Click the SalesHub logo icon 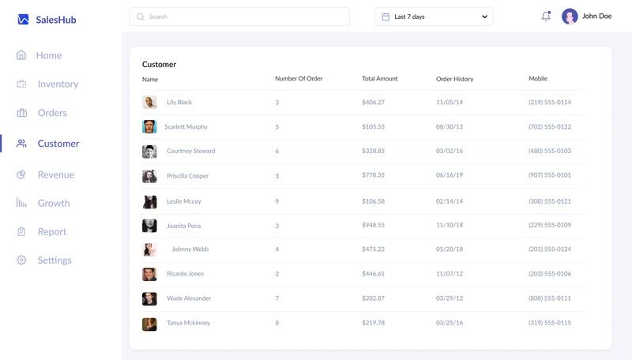[x=23, y=19]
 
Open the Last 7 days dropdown [x=434, y=17]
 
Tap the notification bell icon [x=546, y=16]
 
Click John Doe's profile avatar [x=570, y=16]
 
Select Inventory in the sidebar [x=57, y=84]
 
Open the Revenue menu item [x=55, y=174]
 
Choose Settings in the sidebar [x=54, y=260]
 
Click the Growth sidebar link [x=53, y=203]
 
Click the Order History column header [x=454, y=79]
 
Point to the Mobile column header [x=538, y=78]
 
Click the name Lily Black [x=179, y=103]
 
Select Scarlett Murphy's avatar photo [x=149, y=126]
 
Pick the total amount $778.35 [x=373, y=175]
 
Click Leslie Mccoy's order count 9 [x=277, y=201]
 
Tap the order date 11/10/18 [x=450, y=226]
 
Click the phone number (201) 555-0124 [x=549, y=249]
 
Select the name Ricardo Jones [x=185, y=274]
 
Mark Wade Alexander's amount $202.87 [x=373, y=298]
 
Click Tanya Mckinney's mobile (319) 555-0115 [x=549, y=323]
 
